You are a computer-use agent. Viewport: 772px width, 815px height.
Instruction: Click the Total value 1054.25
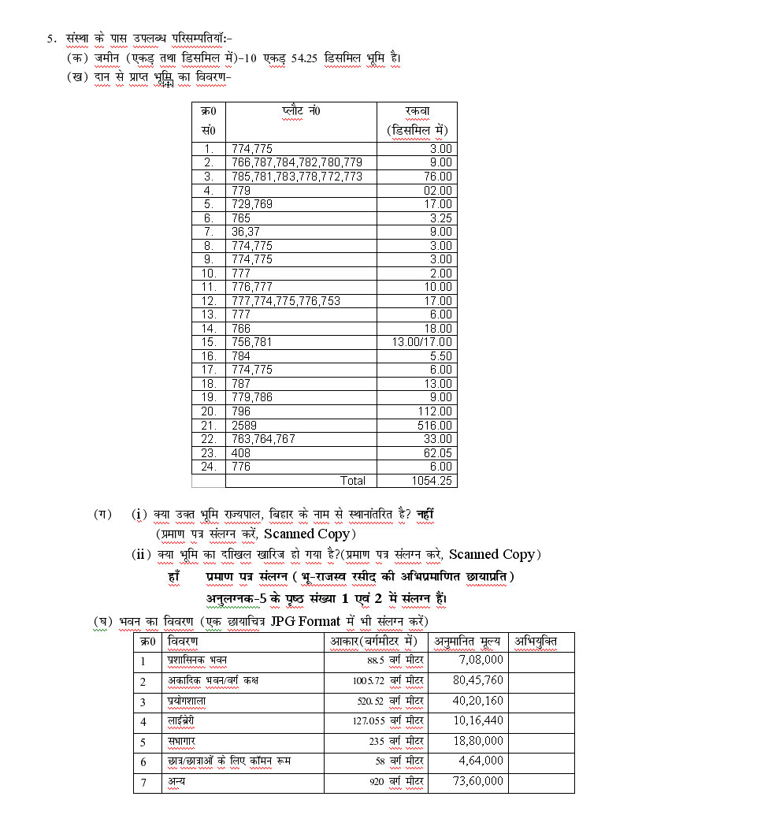point(432,480)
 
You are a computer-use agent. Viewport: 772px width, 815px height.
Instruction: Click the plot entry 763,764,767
point(263,438)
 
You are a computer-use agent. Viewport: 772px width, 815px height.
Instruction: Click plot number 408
point(239,452)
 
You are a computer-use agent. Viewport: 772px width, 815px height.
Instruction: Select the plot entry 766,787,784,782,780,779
point(296,162)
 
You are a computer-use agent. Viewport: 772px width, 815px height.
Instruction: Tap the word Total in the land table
point(352,480)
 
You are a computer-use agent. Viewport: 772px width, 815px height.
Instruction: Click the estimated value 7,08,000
point(481,660)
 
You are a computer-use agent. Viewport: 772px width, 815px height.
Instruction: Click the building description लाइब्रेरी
point(180,720)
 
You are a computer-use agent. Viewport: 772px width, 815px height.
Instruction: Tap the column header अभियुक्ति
point(536,642)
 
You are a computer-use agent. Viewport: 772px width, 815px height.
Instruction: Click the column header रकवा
point(417,111)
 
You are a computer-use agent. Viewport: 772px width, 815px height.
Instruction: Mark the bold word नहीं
point(425,514)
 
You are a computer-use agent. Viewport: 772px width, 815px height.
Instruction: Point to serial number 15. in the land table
point(209,341)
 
